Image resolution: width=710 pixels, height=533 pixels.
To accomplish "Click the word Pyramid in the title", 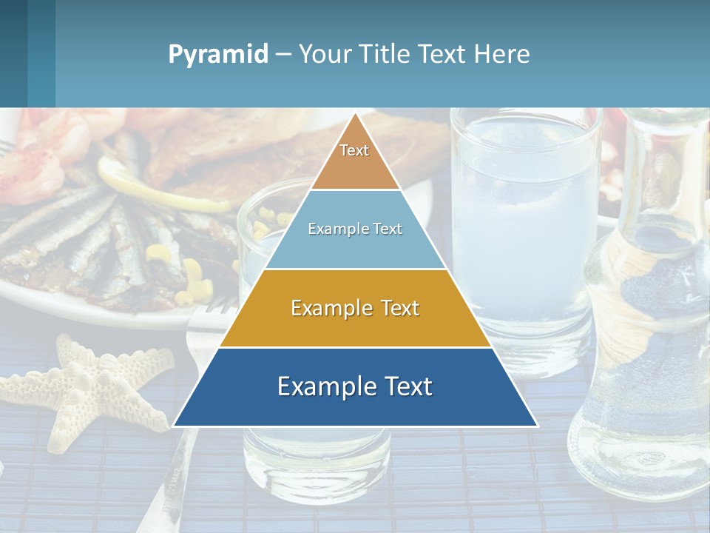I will click(x=217, y=55).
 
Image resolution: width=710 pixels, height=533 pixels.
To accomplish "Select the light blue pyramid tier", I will click(x=355, y=248).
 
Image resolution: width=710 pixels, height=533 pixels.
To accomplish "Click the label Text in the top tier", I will click(x=354, y=150).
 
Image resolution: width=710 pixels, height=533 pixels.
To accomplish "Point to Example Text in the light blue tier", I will click(x=355, y=229).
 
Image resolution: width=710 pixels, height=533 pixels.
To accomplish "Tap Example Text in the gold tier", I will click(x=355, y=308).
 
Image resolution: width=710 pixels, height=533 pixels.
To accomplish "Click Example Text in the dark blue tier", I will click(x=355, y=386).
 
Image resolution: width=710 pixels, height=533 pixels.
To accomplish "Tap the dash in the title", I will click(x=283, y=55).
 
